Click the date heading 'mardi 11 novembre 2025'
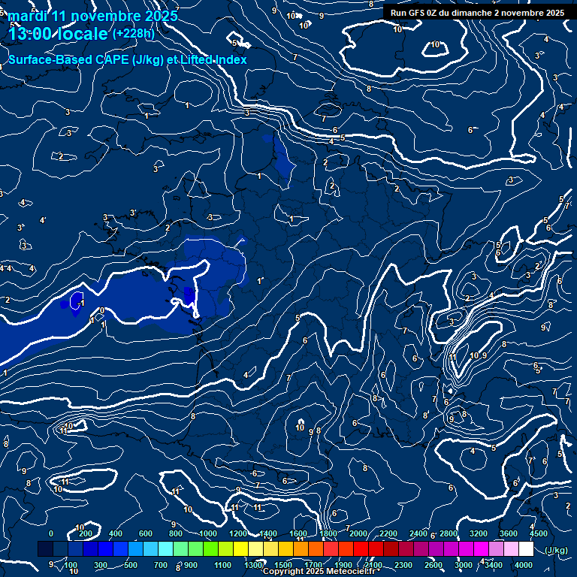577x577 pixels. coord(93,16)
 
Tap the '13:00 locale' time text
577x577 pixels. coord(59,34)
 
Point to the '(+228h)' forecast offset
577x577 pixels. coord(134,34)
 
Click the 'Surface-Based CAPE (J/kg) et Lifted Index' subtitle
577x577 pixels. coord(127,59)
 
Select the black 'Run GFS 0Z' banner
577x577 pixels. coord(477,12)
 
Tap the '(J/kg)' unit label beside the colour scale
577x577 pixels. coord(556,551)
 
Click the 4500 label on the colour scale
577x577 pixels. coord(539,533)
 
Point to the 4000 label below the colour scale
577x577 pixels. coord(524,565)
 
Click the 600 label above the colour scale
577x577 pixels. coord(146,533)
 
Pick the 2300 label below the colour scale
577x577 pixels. coord(403,565)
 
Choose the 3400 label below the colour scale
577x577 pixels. coord(494,565)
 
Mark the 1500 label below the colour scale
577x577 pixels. coord(283,565)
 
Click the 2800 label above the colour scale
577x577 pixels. coord(449,533)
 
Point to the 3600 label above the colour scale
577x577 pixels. coord(509,533)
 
